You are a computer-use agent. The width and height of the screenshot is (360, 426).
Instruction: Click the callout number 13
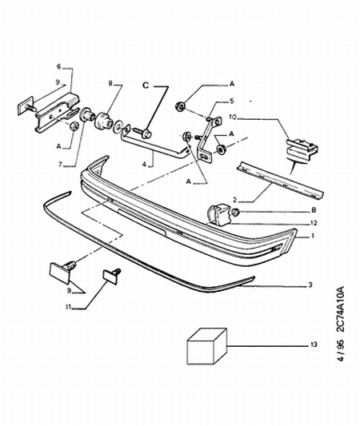pyautogui.click(x=314, y=344)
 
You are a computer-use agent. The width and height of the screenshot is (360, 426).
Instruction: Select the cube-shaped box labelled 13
pyautogui.click(x=207, y=346)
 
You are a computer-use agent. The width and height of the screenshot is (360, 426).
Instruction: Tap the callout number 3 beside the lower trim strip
pyautogui.click(x=310, y=285)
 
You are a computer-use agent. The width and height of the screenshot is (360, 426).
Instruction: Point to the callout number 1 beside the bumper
pyautogui.click(x=313, y=236)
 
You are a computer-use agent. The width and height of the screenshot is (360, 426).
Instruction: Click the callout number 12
pyautogui.click(x=314, y=223)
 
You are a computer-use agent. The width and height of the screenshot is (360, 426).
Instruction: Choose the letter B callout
pyautogui.click(x=314, y=209)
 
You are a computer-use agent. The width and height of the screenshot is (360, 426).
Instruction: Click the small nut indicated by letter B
pyautogui.click(x=236, y=212)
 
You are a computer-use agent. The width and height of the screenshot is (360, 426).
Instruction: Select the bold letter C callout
pyautogui.click(x=146, y=86)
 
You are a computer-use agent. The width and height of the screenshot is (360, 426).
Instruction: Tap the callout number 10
pyautogui.click(x=233, y=117)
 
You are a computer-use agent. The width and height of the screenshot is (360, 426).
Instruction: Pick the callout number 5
pyautogui.click(x=231, y=101)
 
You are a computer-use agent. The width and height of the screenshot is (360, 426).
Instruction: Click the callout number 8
pyautogui.click(x=110, y=83)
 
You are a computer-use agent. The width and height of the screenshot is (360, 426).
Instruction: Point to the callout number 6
pyautogui.click(x=59, y=66)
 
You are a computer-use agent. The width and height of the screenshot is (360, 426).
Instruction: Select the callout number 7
pyautogui.click(x=60, y=164)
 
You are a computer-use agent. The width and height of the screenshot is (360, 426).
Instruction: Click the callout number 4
pyautogui.click(x=144, y=164)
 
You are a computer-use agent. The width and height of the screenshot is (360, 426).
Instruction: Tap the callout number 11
pyautogui.click(x=68, y=307)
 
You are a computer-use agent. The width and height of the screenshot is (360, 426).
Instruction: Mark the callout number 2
pyautogui.click(x=235, y=201)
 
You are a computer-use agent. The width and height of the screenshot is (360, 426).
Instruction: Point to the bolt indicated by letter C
pyautogui.click(x=142, y=133)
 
